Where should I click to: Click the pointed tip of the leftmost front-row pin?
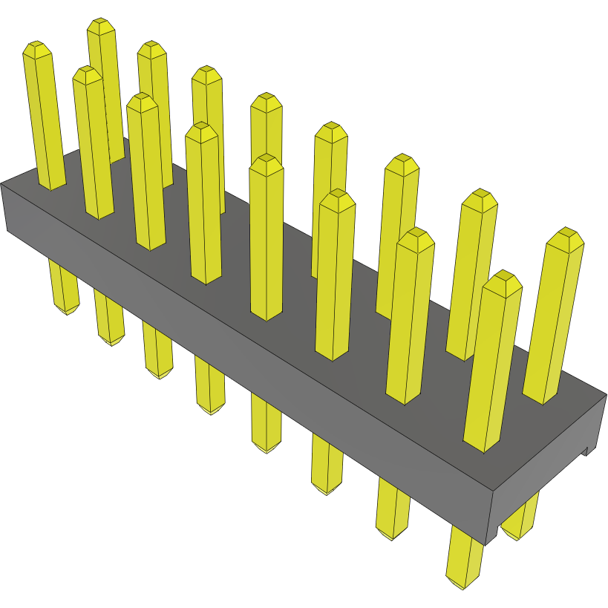pyautogui.click(x=37, y=50)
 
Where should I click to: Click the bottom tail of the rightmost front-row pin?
pyautogui.click(x=463, y=575)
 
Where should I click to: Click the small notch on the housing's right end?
pyautogui.click(x=586, y=450)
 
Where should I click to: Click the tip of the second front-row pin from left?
pyautogui.click(x=87, y=75)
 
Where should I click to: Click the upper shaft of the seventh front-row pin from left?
pyautogui.click(x=409, y=319)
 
